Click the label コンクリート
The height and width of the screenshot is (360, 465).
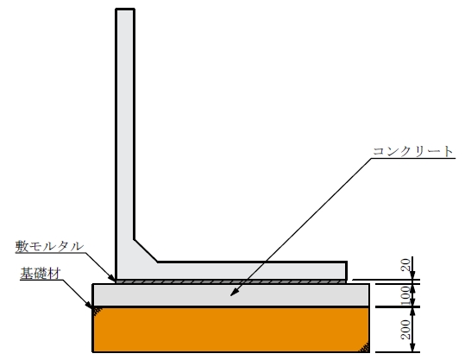click(412, 151)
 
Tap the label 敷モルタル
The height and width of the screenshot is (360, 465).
click(49, 246)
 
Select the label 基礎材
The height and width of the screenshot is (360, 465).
click(41, 274)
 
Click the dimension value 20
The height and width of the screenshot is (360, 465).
click(406, 264)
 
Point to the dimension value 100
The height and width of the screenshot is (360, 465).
click(406, 295)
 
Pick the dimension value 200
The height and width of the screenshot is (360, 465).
click(406, 330)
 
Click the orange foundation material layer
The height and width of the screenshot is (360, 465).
click(231, 330)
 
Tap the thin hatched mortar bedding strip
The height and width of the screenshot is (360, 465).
click(231, 281)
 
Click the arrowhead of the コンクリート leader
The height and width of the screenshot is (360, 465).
click(234, 294)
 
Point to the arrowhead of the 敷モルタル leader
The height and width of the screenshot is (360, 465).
click(112, 278)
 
